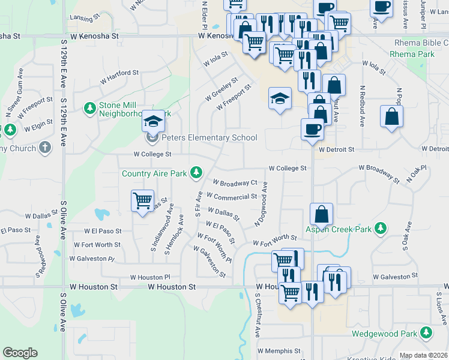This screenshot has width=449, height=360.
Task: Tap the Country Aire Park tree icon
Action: (196, 173)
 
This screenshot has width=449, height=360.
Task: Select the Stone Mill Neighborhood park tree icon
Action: (90, 108)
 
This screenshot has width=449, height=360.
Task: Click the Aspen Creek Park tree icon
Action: (379, 228)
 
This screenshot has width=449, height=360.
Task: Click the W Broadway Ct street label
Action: (235, 182)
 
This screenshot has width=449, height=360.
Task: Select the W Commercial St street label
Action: (232, 196)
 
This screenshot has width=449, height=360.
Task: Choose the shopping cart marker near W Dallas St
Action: (143, 201)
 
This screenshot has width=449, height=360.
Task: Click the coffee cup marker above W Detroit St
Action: (312, 129)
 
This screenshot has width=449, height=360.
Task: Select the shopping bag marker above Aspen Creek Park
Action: (322, 214)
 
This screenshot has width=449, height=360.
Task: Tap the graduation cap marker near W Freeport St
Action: (280, 98)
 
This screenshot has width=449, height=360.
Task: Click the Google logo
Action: (20, 353)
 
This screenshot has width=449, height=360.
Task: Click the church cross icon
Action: (44, 147)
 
